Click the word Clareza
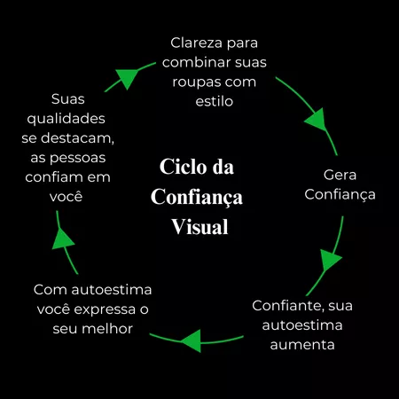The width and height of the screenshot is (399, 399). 196,43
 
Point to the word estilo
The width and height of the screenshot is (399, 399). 215,101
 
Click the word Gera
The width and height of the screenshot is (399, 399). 340,175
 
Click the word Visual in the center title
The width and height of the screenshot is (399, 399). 199,227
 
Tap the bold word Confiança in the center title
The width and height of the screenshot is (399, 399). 197,198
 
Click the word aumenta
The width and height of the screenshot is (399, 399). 302,345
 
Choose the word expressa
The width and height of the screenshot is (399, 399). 105,310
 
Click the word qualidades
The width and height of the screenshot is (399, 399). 66,119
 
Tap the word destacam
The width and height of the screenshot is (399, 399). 77,138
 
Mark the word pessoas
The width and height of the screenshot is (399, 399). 78,159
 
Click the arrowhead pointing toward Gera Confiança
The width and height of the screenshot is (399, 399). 317,120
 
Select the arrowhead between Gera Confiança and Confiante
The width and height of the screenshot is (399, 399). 330,260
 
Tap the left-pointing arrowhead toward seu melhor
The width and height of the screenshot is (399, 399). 192,340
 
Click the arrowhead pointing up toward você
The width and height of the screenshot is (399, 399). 62,239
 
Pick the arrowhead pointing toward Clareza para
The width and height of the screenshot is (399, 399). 127,78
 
